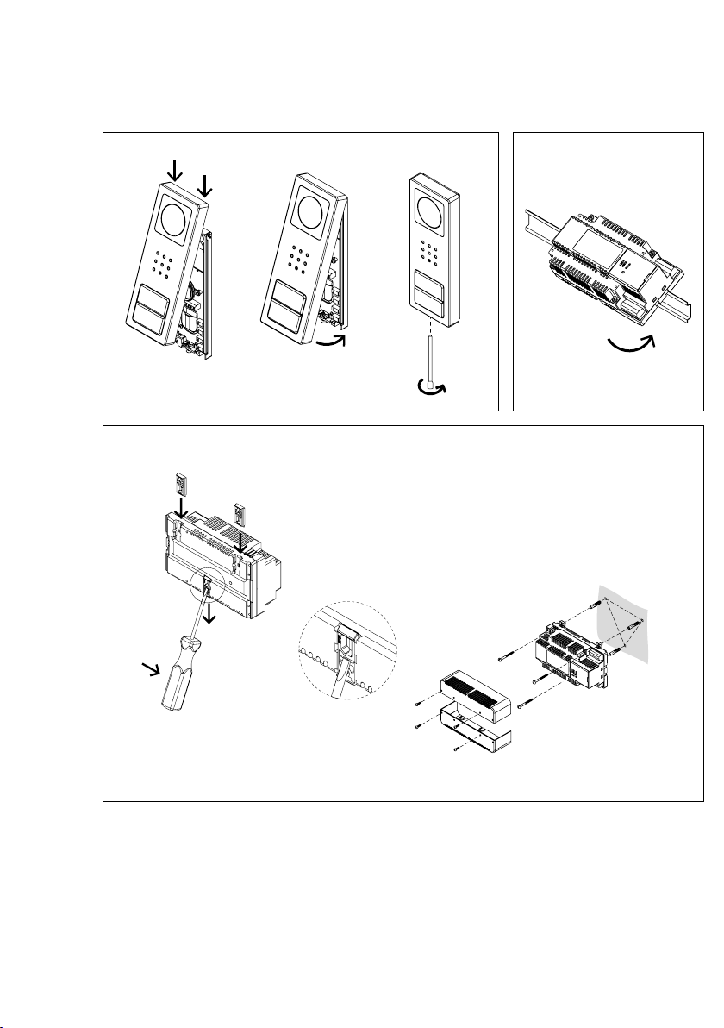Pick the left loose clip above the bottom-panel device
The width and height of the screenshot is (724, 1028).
click(180, 486)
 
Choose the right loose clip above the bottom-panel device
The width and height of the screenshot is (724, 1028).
click(242, 515)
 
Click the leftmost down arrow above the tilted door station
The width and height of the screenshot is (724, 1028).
click(176, 168)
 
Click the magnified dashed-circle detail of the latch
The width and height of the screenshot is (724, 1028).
click(349, 652)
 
